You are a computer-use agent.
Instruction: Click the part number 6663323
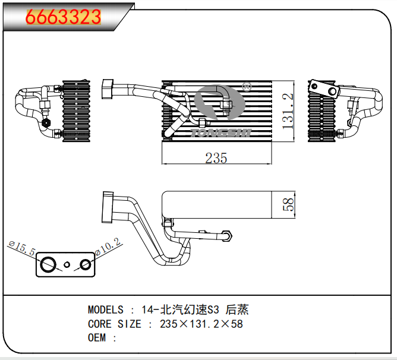click(x=63, y=17)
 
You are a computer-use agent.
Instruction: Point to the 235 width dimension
click(x=216, y=158)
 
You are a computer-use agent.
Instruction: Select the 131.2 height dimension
click(x=288, y=111)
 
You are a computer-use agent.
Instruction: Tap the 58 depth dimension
click(x=288, y=205)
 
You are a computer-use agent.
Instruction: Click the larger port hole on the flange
click(x=48, y=264)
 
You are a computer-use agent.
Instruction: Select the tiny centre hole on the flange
click(x=67, y=264)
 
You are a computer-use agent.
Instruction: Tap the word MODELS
click(x=106, y=310)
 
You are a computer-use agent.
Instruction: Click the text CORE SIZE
click(x=115, y=324)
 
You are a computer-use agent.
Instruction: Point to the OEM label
click(x=96, y=338)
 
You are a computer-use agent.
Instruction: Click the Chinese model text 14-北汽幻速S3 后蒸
click(x=194, y=310)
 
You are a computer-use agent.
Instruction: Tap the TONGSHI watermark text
click(x=222, y=132)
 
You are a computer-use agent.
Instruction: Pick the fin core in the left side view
click(x=78, y=112)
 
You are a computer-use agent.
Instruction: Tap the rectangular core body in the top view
click(x=217, y=205)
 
